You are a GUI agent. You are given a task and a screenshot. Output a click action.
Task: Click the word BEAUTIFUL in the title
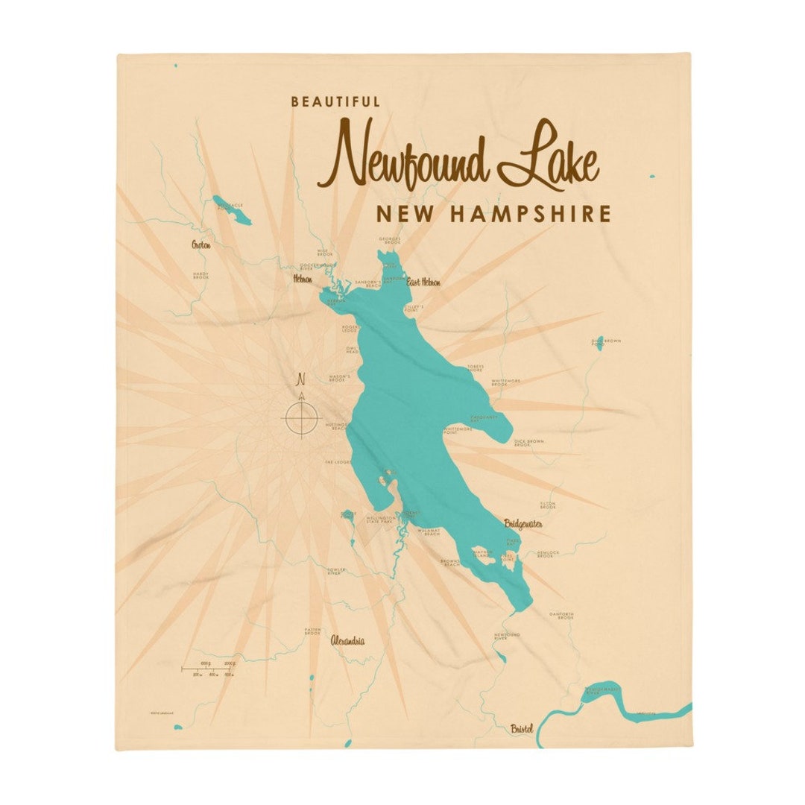tap(335, 102)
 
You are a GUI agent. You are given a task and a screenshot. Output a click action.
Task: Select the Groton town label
tap(201, 244)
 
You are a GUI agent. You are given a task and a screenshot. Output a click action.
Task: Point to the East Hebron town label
tap(423, 282)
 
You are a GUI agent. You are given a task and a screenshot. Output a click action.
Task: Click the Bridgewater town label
tap(523, 523)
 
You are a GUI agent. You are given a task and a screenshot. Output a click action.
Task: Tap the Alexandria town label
tap(348, 640)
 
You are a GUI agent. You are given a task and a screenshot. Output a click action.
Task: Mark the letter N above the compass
tap(302, 376)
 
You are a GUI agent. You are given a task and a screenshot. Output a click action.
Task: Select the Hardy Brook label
tap(201, 275)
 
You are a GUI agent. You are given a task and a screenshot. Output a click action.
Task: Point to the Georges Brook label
tap(390, 241)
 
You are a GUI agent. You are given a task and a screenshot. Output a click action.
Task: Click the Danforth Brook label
tap(561, 615)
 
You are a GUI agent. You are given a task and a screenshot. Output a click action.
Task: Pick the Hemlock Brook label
tap(546, 554)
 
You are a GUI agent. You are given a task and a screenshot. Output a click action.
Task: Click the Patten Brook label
tap(313, 631)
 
